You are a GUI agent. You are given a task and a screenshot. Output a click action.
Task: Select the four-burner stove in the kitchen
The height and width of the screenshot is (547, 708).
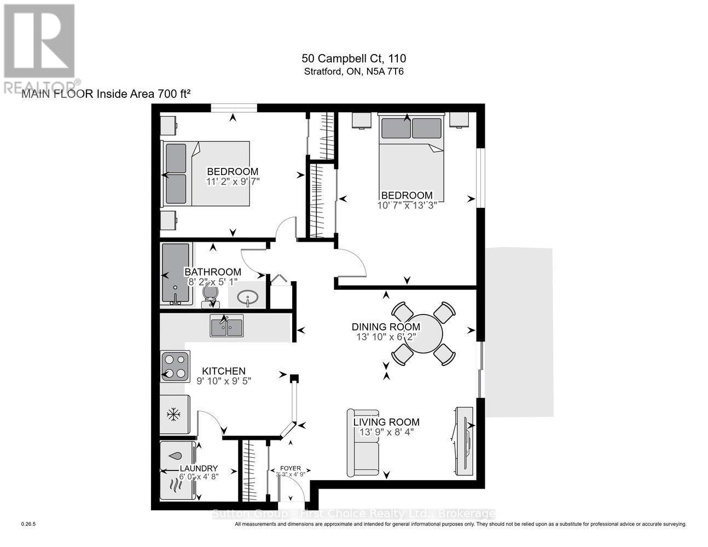[x=175, y=366]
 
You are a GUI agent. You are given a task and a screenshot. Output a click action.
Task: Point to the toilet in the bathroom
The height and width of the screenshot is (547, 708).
[x=210, y=294]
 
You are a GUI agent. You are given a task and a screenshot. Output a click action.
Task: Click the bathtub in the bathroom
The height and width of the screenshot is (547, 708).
[x=176, y=273]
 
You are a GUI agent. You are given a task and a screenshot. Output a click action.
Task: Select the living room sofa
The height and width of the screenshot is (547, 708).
[x=363, y=443]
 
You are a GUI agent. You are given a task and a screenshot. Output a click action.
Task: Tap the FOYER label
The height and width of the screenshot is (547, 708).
[x=291, y=468]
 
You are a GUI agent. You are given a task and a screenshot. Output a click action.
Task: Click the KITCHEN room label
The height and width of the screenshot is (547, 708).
[x=224, y=371]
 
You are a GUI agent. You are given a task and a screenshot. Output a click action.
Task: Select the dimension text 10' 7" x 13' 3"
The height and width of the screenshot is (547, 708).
[x=407, y=206]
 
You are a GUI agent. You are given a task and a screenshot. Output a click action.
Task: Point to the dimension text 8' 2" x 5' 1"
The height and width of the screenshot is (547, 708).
[x=213, y=282]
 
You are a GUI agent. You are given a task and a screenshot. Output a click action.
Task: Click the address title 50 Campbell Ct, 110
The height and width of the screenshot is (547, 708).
[x=354, y=59]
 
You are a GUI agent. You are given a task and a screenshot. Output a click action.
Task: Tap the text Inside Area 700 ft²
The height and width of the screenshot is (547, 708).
[x=143, y=94]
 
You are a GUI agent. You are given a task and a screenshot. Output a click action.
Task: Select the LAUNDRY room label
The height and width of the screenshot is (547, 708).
[x=199, y=468]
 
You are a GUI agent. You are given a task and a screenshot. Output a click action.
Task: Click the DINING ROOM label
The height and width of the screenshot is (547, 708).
[x=386, y=327]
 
